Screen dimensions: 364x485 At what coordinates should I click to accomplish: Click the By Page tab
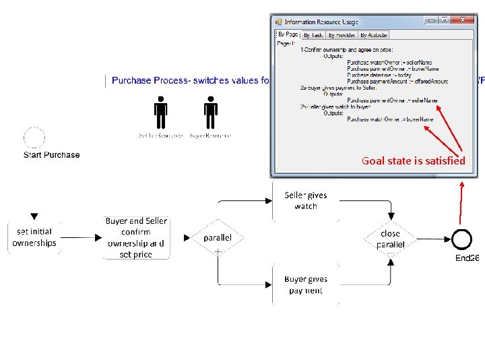[288, 34]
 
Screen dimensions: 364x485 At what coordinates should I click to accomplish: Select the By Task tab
[313, 35]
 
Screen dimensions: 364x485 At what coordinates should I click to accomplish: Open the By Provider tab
[342, 35]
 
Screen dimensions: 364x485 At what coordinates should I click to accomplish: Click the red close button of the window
[464, 21]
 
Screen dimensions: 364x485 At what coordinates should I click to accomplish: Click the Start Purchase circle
[34, 138]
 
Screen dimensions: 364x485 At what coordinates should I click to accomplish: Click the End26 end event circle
[462, 239]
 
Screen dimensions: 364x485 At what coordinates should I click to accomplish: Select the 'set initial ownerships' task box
[34, 237]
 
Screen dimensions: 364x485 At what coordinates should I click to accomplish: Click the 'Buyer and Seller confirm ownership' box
[135, 237]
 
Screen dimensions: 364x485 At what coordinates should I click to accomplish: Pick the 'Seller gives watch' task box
[306, 201]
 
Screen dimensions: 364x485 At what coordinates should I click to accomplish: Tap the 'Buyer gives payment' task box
[306, 284]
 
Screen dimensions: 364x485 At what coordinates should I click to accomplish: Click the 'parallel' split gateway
[218, 238]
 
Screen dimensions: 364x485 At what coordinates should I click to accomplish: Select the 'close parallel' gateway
[391, 238]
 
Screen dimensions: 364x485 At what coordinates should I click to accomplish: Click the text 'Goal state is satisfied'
[413, 160]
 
